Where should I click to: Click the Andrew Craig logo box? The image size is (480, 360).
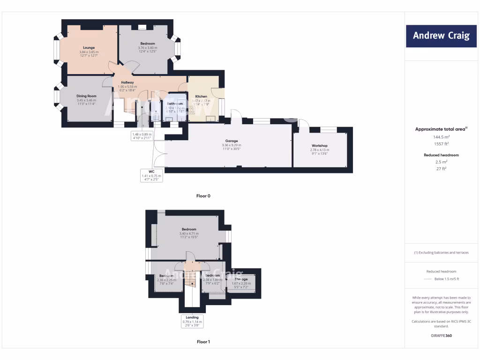tap(441, 36)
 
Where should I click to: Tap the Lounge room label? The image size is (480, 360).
tap(89, 47)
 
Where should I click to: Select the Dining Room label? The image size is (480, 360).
tap(86, 96)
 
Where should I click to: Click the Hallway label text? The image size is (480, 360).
tap(127, 82)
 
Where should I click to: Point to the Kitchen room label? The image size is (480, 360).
tap(201, 97)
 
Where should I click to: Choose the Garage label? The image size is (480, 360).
tap(231, 141)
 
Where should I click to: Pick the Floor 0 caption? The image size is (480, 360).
tap(203, 196)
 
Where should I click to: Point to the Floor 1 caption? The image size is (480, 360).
tap(203, 342)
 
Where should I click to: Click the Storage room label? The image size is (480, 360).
tap(241, 279)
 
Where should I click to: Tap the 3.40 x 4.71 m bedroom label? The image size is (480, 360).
tap(189, 229)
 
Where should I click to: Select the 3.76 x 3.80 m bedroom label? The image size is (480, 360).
tap(148, 44)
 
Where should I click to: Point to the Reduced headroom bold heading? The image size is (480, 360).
tap(441, 155)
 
